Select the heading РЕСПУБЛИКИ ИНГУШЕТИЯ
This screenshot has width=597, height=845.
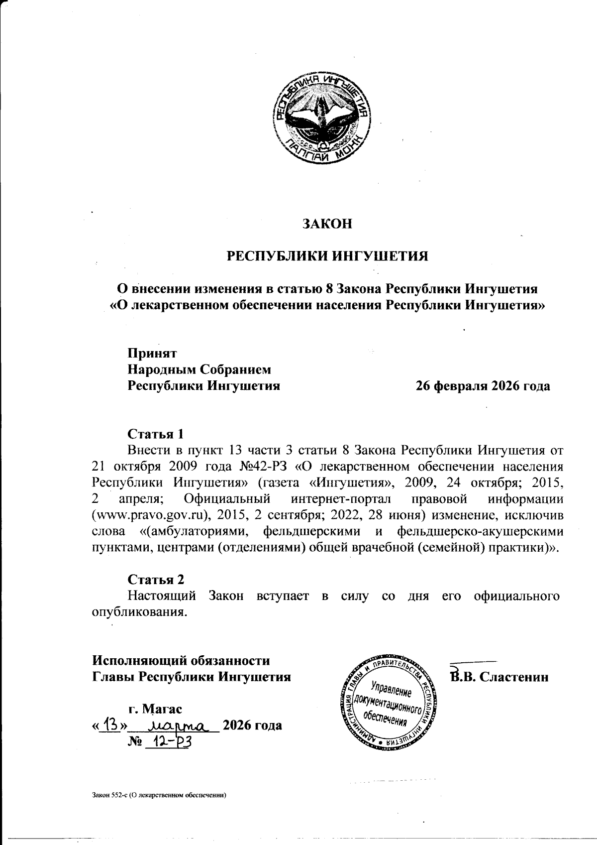click(x=327, y=256)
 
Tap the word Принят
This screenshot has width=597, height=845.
click(x=152, y=353)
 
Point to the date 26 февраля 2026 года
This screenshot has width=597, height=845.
click(x=483, y=386)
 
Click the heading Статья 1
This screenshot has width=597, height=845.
click(x=156, y=433)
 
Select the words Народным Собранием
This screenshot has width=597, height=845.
click(x=200, y=369)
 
